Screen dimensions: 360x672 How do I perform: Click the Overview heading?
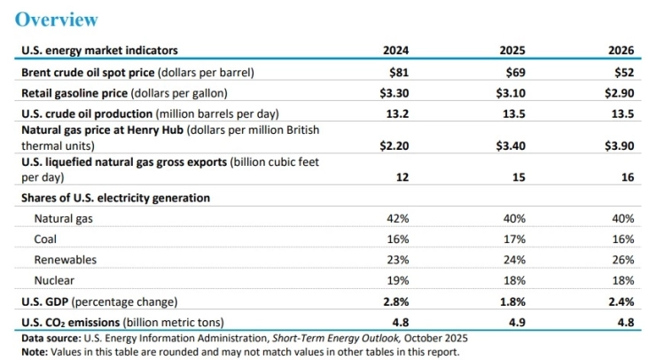click(57, 19)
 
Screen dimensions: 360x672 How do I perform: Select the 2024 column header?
click(395, 51)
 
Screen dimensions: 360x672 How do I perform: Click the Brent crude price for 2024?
click(399, 72)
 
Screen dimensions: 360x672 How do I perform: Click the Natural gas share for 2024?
click(397, 218)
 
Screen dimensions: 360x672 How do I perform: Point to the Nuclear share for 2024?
click(397, 281)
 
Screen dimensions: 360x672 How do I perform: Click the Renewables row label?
click(65, 260)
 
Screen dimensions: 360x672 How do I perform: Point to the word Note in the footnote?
click(34, 351)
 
